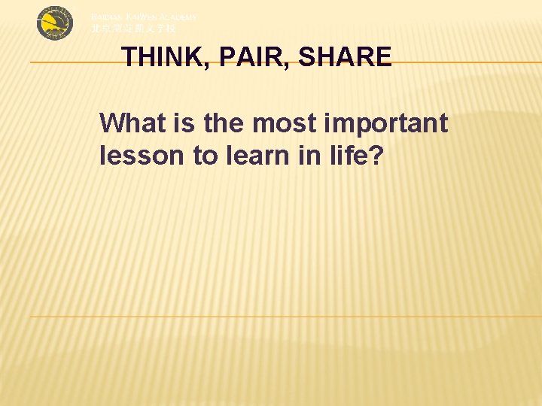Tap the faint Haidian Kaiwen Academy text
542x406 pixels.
point(145,17)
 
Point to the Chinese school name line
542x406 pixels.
point(133,29)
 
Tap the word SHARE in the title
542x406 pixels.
point(345,58)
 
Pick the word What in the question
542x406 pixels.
point(130,123)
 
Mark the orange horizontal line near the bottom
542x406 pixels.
point(286,317)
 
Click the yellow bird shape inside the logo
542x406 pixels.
point(53,25)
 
